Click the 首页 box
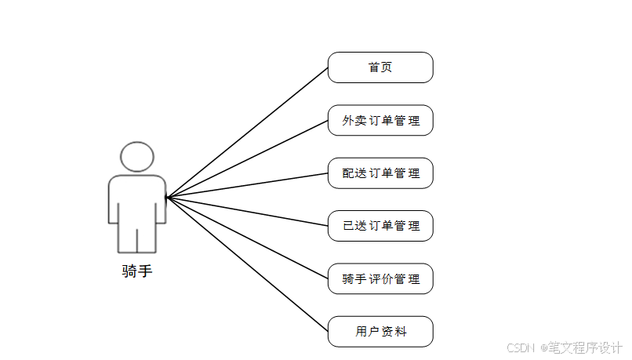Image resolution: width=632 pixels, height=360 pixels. click(380, 67)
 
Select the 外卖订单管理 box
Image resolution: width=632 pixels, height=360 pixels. click(380, 121)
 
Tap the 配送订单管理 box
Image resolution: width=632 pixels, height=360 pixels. click(380, 173)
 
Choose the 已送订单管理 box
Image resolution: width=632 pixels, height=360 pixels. click(380, 226)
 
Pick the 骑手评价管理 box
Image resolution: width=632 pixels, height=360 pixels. click(380, 278)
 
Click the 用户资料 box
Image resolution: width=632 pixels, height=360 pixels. click(380, 332)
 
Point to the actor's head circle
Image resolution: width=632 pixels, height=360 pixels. click(136, 157)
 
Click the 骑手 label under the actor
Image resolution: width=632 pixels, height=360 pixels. click(136, 271)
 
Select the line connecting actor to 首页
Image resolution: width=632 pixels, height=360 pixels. click(247, 132)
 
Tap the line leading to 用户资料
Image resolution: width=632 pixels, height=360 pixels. click(247, 263)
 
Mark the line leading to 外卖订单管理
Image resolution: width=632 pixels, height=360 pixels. click(247, 158)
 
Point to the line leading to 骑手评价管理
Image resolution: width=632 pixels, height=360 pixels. click(247, 236)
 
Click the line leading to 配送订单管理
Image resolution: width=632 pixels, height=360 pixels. click(247, 184)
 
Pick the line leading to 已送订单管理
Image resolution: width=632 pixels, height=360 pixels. click(247, 211)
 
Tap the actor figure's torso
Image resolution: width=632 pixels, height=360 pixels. click(136, 200)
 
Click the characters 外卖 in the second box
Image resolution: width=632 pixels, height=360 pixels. click(354, 121)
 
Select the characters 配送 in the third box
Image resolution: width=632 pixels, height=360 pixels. click(354, 173)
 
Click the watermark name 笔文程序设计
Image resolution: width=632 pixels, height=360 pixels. click(584, 347)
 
